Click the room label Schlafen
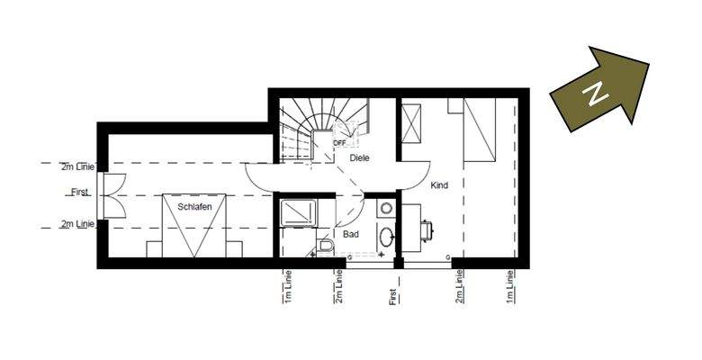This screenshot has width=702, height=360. click(194, 207)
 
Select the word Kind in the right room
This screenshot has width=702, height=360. click(439, 185)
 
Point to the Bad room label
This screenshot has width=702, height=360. click(351, 234)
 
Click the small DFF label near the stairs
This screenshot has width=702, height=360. click(339, 142)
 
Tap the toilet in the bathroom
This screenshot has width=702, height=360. click(324, 246)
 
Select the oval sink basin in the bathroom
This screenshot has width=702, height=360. click(386, 238)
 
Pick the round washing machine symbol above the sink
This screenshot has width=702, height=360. click(386, 208)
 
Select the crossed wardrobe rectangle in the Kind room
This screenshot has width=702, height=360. click(412, 123)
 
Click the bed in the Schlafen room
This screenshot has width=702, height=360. click(194, 225)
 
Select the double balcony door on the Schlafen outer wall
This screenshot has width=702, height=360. click(108, 194)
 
